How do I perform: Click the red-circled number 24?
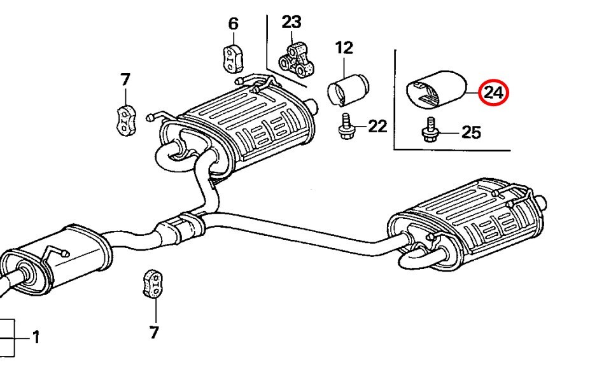click(493, 93)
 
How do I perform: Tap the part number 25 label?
click(471, 132)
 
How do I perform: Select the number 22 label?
click(377, 127)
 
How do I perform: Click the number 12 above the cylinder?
click(344, 47)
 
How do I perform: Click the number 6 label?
click(233, 24)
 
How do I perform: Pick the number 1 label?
click(36, 336)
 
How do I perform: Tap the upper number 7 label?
click(125, 80)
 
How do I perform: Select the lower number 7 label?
click(154, 331)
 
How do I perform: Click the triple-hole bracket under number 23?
click(297, 59)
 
